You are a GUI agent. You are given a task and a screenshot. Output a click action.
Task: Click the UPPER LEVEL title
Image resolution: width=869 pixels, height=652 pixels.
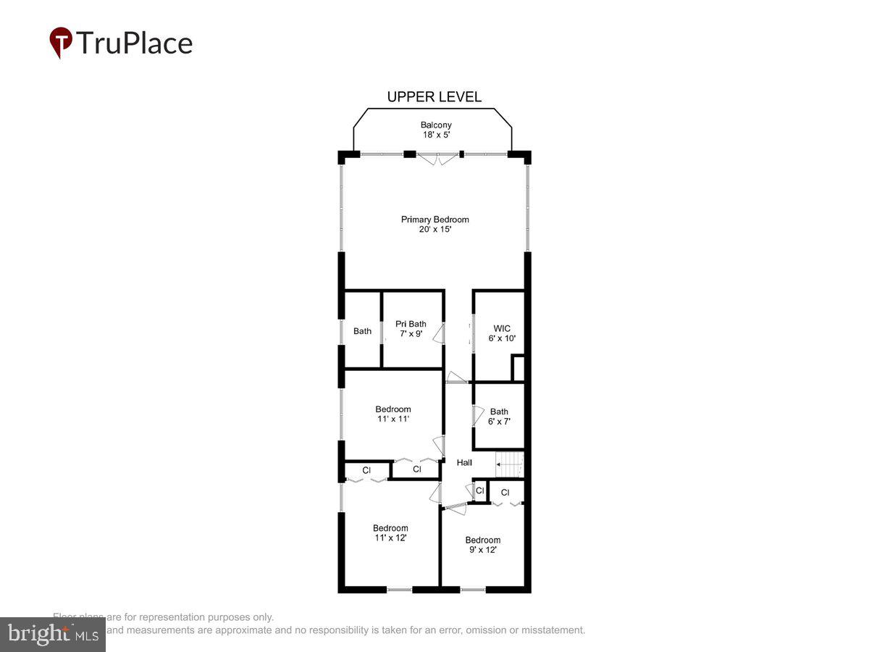point(434,97)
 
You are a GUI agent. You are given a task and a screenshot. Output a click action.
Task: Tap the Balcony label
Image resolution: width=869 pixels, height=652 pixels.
point(436,125)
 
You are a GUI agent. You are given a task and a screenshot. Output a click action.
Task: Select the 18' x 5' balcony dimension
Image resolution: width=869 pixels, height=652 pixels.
point(436,135)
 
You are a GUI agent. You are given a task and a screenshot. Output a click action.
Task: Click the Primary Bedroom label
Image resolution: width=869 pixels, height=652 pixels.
point(435,220)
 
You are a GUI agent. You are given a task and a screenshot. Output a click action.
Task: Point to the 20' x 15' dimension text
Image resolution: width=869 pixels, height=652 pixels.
point(435,230)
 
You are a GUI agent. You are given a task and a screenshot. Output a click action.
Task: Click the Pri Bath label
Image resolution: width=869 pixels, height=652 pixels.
point(411,324)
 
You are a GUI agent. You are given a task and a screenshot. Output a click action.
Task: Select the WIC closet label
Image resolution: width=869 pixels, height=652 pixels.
point(502,328)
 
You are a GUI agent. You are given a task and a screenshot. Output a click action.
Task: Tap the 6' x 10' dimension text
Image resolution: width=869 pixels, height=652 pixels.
point(502,338)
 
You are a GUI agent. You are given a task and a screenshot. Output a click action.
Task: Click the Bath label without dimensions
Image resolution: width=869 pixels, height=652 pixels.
point(362,331)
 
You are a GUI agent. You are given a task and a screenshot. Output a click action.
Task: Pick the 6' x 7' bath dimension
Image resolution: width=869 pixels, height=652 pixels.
point(499,422)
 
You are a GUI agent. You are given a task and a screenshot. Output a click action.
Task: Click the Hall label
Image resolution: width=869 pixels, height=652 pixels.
point(464,463)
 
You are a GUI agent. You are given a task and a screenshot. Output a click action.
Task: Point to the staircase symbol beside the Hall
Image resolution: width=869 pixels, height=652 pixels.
point(509,464)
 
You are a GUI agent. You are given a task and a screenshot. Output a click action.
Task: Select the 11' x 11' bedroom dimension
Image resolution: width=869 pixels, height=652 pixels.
point(392,419)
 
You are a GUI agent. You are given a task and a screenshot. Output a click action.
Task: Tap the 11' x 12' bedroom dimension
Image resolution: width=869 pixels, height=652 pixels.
point(390,538)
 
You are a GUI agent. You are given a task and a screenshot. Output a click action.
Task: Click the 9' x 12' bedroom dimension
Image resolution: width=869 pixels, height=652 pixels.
point(482,550)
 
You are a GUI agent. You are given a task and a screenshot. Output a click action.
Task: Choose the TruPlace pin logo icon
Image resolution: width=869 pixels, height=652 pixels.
point(60,42)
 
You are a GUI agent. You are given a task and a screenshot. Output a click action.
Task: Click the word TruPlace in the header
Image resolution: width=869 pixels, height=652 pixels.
point(134,43)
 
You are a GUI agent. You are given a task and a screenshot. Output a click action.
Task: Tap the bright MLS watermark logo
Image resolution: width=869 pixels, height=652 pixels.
point(52,635)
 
